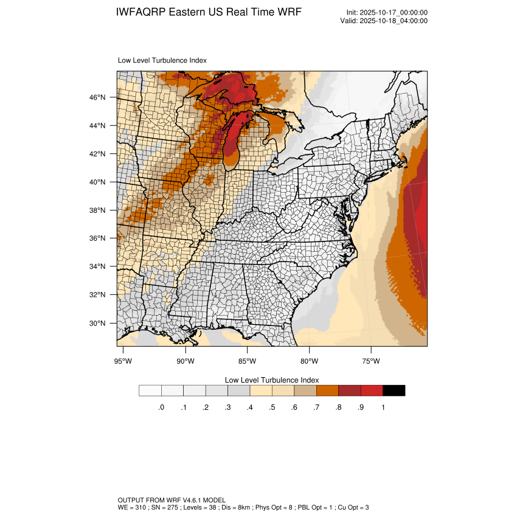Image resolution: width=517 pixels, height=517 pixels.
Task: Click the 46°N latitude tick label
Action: [x=98, y=97]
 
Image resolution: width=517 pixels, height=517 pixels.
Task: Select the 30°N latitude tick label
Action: [x=98, y=323]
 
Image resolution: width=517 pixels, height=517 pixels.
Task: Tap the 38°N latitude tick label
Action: [x=98, y=210]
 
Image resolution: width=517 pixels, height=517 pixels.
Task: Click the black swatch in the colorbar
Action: [x=394, y=390]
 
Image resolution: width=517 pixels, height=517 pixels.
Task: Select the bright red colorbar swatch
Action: [x=372, y=390]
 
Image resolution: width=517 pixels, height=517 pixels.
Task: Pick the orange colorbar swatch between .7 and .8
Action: [x=327, y=390]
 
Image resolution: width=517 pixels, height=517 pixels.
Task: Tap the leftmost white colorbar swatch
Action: [x=150, y=390]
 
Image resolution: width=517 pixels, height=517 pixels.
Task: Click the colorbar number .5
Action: [x=272, y=408]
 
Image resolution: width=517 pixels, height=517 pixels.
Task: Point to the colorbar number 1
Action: [x=383, y=408]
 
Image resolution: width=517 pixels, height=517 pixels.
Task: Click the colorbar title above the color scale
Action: [x=272, y=380]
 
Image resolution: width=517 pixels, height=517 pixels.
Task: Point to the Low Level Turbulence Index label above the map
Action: [x=162, y=60]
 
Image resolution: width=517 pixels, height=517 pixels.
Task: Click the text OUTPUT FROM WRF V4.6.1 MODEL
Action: [x=172, y=500]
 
